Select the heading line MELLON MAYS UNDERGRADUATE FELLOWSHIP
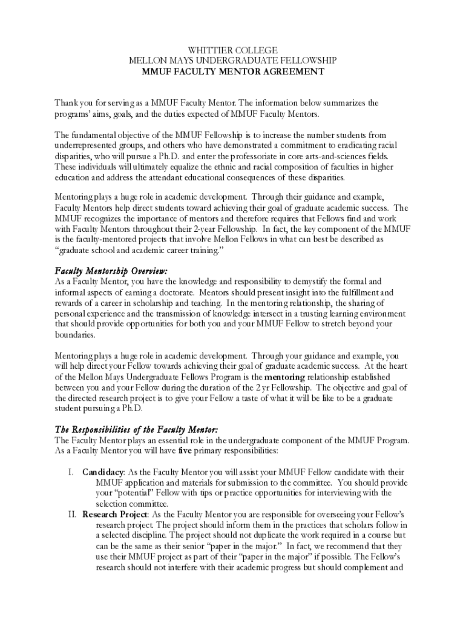[x=233, y=61]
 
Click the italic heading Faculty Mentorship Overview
[x=111, y=270]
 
